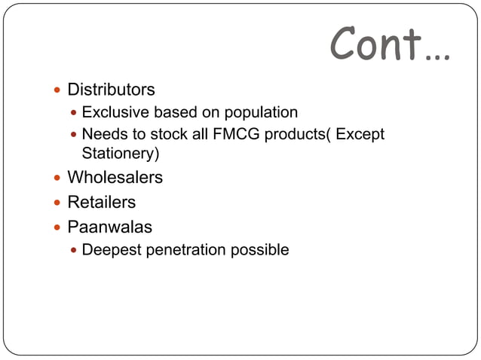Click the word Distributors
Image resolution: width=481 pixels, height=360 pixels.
(x=111, y=90)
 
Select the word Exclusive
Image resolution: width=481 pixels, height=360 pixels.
(x=115, y=112)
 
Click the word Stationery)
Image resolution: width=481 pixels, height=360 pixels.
(x=120, y=154)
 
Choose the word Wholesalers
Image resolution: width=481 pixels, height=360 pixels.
(x=115, y=178)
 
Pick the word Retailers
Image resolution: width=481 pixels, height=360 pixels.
(x=102, y=202)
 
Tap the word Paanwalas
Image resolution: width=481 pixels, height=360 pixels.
(x=109, y=226)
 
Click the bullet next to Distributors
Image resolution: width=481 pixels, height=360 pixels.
(x=57, y=90)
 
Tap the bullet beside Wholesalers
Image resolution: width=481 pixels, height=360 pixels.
(x=57, y=178)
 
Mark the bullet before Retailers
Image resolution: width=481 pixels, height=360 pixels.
(x=57, y=203)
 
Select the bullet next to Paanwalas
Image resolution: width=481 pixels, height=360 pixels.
(x=57, y=227)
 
